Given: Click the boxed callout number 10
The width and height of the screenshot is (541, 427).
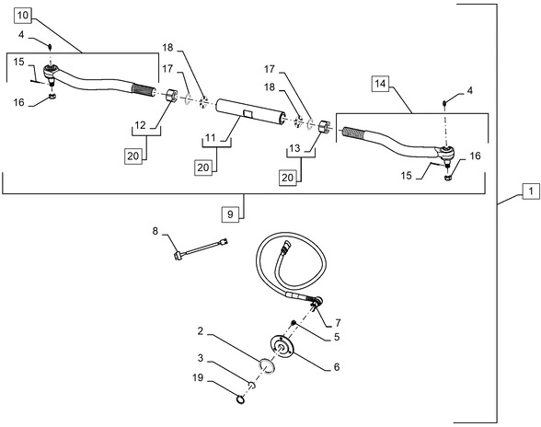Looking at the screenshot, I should coord(23,16).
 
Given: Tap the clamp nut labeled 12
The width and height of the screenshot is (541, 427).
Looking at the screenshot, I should coord(171,94).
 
